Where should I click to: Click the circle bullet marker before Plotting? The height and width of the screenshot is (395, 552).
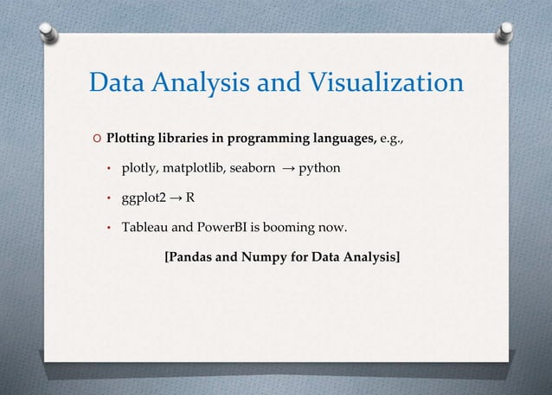97,139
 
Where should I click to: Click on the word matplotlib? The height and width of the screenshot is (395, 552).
191,167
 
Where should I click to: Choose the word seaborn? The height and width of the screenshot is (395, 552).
253,167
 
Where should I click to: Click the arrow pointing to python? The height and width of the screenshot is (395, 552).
288,167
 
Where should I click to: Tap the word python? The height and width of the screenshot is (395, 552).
319,167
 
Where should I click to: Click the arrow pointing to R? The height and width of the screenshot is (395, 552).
176,197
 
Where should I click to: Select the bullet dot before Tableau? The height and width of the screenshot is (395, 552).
110,229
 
